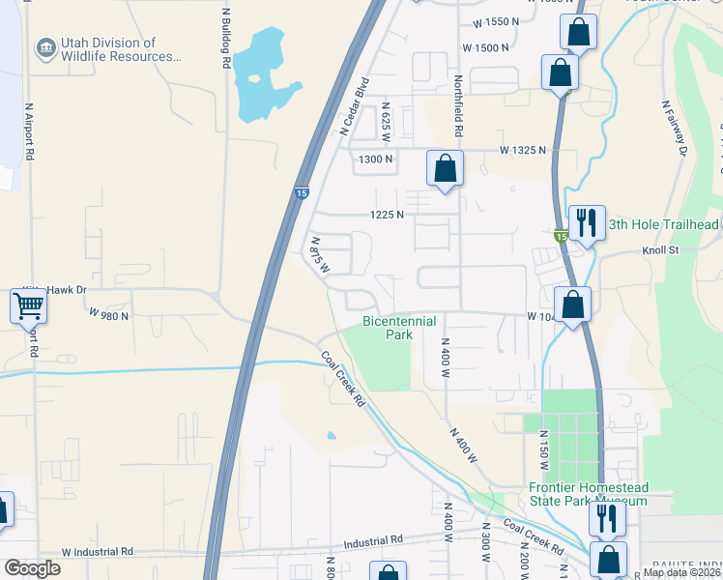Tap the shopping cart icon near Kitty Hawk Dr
coord(29,306)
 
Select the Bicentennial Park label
coord(399,328)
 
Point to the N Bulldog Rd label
coord(225,39)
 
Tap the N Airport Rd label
coord(30,130)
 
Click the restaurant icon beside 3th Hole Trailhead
coord(587,223)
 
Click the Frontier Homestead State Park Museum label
coord(589,494)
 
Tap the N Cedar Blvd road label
coord(355,105)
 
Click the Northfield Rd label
coord(458,107)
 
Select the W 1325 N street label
coord(522,151)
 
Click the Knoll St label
coord(662,249)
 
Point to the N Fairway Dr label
coord(675,129)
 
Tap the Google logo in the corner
coord(32,568)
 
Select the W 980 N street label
coord(108,315)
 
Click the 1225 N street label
coord(386,215)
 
